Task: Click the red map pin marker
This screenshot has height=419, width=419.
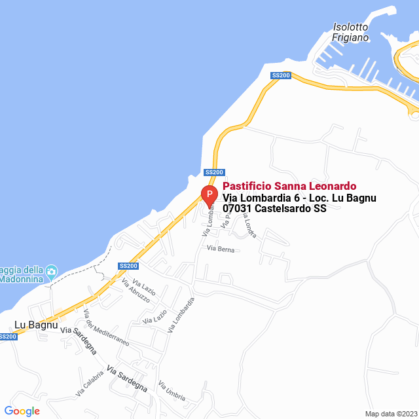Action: (x=208, y=194)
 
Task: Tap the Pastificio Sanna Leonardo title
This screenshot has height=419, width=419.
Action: (x=289, y=187)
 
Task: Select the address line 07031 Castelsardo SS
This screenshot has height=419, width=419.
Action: (x=274, y=209)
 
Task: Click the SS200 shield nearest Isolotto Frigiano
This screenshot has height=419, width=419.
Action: (x=280, y=75)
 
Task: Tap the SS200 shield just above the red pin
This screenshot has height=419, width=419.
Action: (x=214, y=172)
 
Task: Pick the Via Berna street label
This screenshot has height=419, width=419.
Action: (x=220, y=249)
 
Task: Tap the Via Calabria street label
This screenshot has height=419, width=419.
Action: (x=89, y=385)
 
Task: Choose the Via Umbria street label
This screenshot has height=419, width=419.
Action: (x=172, y=392)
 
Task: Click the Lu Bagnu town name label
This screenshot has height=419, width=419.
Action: (x=36, y=324)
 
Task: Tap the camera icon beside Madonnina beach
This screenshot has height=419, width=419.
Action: (x=52, y=270)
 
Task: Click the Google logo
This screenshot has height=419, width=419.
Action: (x=22, y=410)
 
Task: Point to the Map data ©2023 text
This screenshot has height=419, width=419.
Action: (x=390, y=413)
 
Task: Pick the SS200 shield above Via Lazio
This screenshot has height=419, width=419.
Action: (x=128, y=266)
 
